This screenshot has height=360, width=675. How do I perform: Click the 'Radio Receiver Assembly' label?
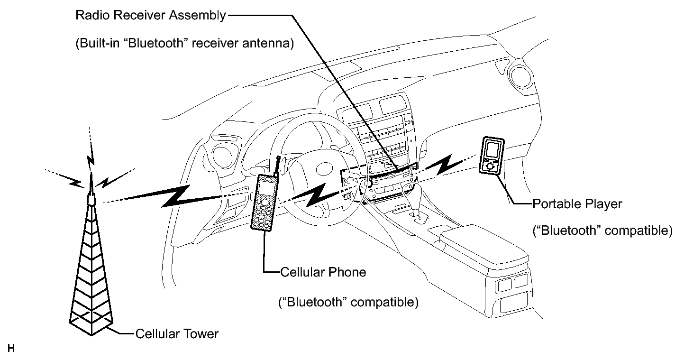point(150,15)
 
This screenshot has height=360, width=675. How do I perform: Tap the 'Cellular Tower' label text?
point(177,334)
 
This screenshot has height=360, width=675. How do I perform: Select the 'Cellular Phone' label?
point(323,272)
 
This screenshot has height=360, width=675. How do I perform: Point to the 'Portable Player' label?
point(577,204)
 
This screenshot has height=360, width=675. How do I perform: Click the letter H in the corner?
point(11,348)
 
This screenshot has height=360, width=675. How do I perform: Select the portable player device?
point(491,155)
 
